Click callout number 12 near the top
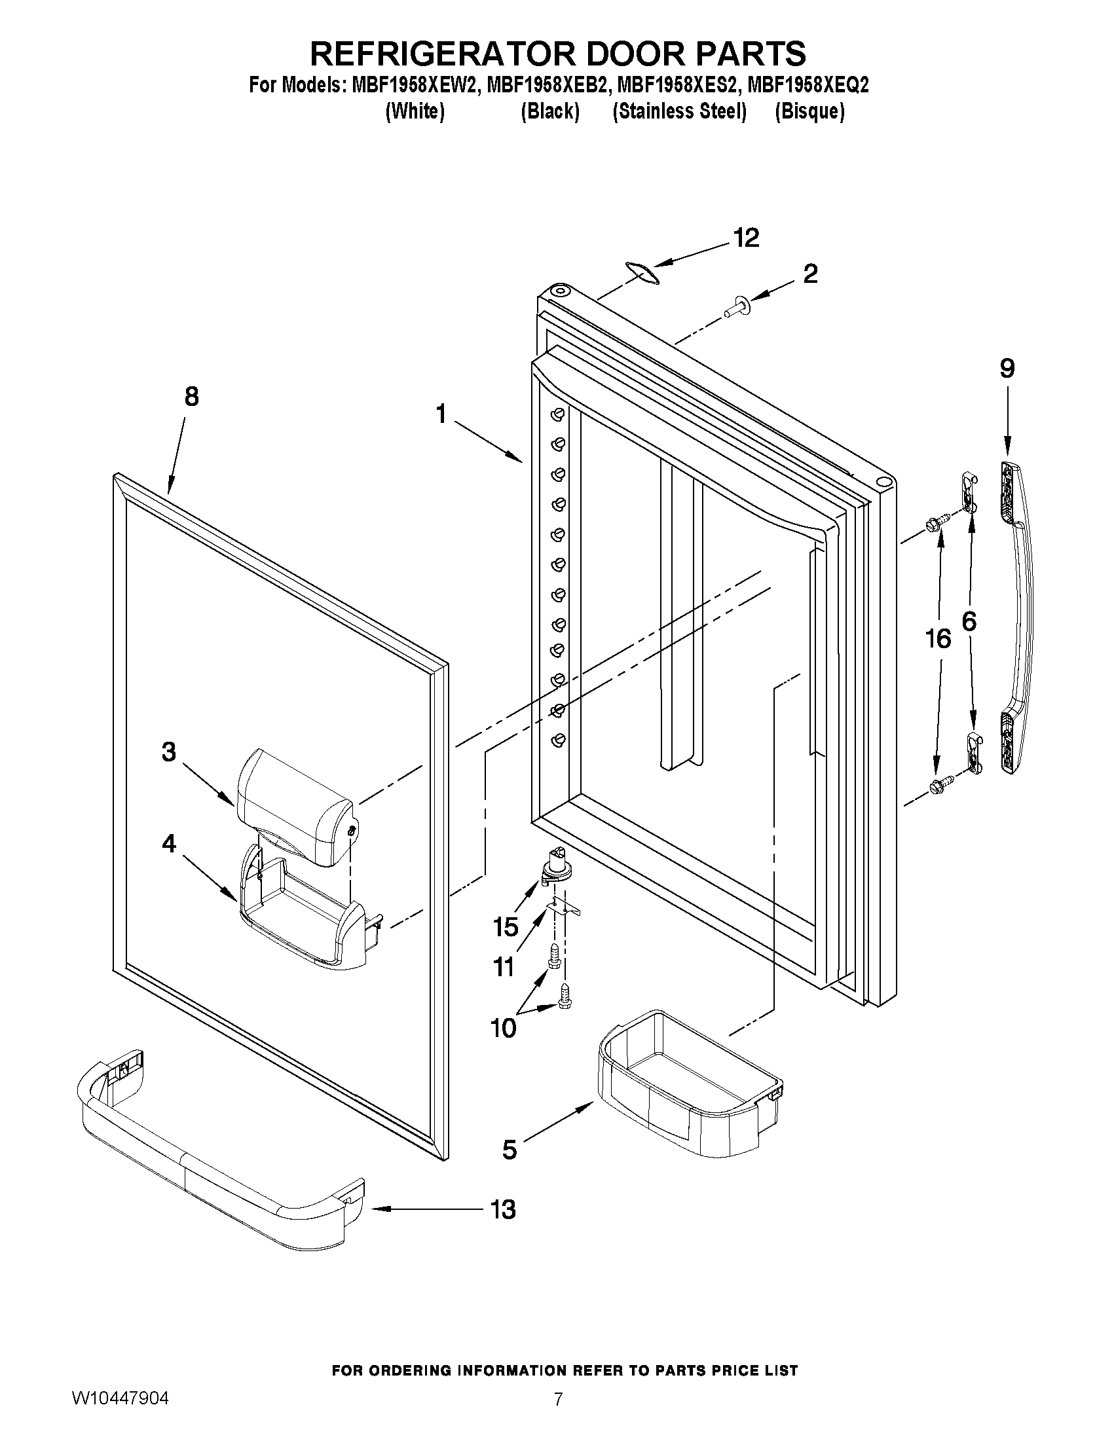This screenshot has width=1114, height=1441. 747,238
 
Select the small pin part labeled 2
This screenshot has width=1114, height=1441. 735,307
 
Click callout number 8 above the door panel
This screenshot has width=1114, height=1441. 191,397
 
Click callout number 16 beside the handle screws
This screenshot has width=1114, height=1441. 938,638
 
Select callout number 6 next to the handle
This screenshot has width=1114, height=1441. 969,621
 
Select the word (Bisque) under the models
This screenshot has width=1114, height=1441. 809,112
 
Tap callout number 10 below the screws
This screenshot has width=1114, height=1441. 504,1028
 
